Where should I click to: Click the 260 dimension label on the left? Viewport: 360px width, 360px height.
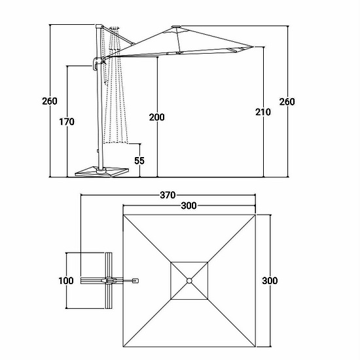50,101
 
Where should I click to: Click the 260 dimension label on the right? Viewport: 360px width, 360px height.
287,101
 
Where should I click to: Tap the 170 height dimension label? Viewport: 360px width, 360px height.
67,122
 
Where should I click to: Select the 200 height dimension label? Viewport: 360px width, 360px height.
157,117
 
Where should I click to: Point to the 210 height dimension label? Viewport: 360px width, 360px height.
263,112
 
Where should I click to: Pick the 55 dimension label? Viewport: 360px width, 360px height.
139,161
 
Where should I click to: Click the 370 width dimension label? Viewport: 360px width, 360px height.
168,195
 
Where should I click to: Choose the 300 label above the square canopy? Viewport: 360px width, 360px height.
189,206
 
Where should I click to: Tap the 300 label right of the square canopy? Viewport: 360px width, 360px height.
270,281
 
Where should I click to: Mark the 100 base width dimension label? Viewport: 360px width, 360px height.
66,281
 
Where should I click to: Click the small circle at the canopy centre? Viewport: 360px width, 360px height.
189,281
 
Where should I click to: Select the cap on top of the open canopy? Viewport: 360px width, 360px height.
176,27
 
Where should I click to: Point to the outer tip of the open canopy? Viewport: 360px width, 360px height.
253,47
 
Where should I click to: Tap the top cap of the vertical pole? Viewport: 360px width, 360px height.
98,26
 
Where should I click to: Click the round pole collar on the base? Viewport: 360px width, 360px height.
101,170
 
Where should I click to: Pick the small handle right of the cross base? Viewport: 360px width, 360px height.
135,281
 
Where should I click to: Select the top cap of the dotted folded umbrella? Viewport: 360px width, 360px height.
114,28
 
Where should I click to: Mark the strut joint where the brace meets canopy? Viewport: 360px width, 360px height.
132,44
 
